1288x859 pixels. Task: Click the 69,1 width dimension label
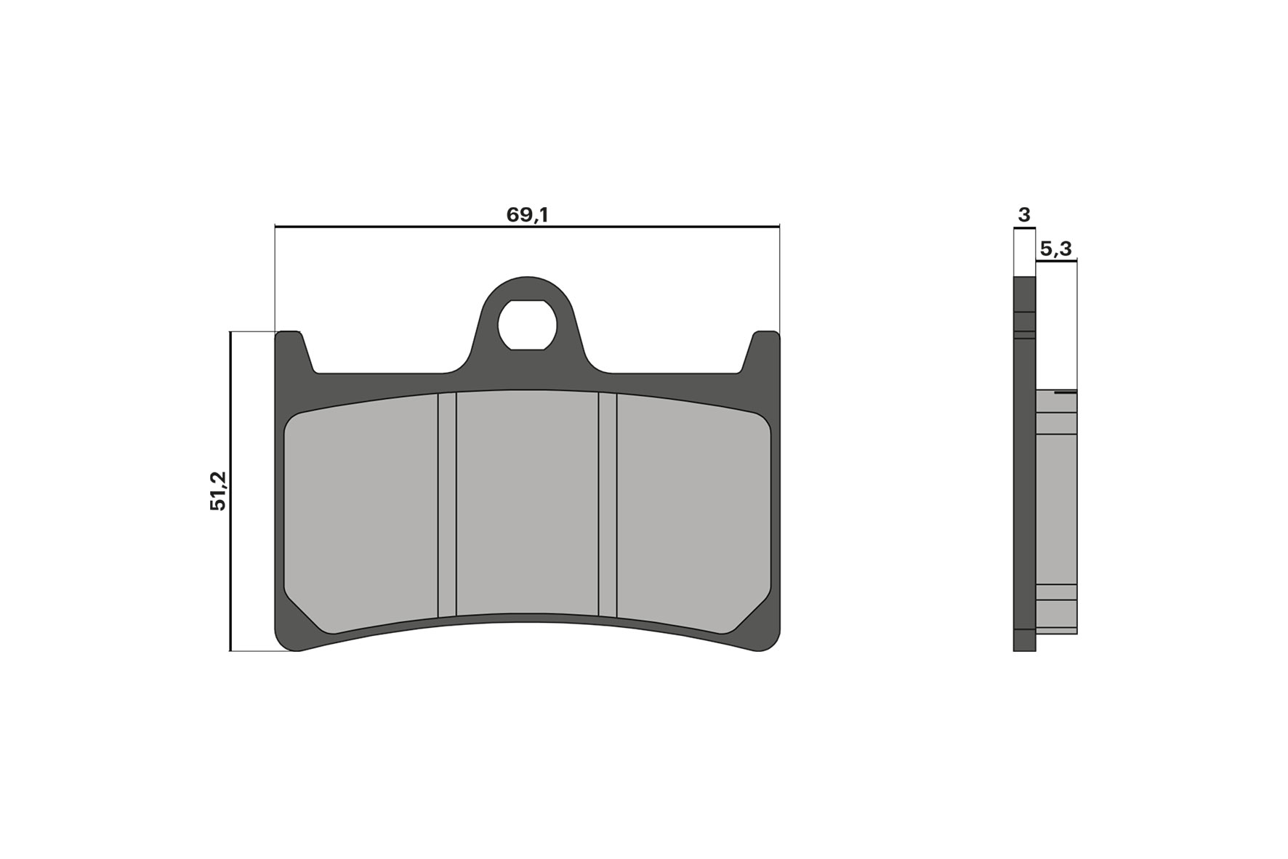(526, 215)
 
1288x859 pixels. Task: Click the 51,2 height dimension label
(219, 491)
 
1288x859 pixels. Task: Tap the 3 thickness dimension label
(1024, 215)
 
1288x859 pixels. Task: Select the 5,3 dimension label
(1055, 249)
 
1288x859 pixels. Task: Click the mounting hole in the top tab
(527, 324)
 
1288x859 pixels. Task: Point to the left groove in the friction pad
(447, 505)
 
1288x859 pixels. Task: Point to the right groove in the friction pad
(608, 505)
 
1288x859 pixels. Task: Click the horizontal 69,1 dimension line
(654, 227)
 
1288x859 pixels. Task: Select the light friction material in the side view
(1056, 509)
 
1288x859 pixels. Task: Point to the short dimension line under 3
(1024, 229)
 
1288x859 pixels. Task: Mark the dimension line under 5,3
(1056, 262)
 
